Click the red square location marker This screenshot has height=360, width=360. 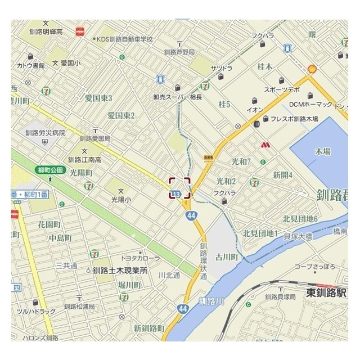(180, 188)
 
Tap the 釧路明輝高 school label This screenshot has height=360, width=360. (46, 31)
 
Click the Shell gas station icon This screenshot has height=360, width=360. (310, 69)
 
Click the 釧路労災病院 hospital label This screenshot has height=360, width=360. (46, 133)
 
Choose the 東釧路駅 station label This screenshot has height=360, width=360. (326, 292)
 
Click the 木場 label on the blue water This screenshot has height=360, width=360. (322, 152)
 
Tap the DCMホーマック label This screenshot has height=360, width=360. (311, 105)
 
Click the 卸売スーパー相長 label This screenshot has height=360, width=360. (177, 97)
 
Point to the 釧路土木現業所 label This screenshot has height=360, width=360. (120, 270)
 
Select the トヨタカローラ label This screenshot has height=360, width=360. (141, 258)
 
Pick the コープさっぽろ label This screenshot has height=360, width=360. (315, 266)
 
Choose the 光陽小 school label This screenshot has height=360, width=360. (120, 199)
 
